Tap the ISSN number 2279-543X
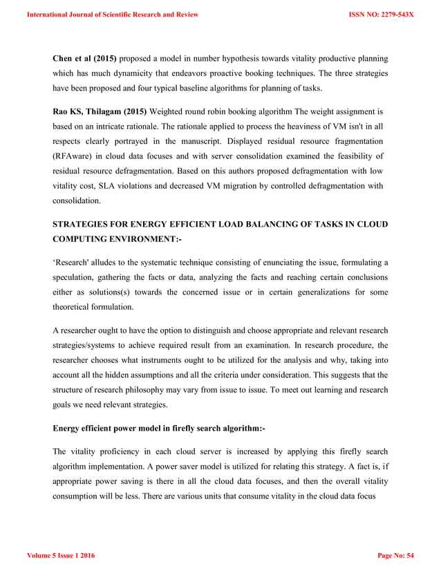pyautogui.click(x=382, y=14)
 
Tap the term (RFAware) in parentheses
pyautogui.click(x=73, y=156)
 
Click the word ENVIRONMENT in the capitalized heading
pyautogui.click(x=137, y=239)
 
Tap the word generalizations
pyautogui.click(x=308, y=293)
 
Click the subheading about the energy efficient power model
pyautogui.click(x=159, y=429)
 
